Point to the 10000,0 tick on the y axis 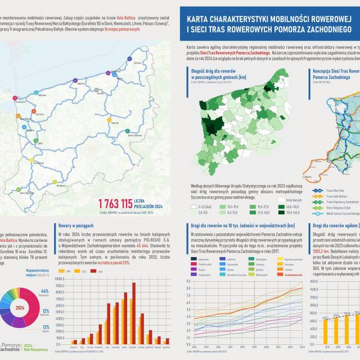click(63, 277)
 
